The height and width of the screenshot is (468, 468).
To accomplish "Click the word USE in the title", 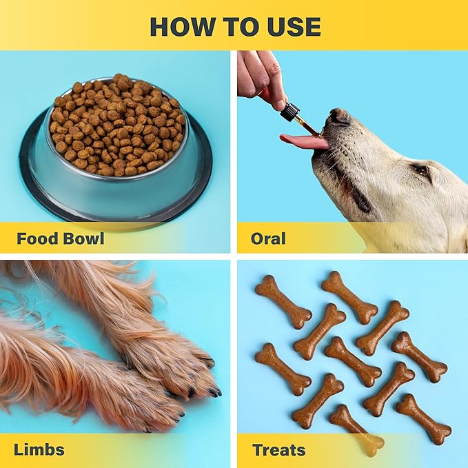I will [x=292, y=26].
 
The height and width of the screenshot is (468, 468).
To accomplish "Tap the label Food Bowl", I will [x=61, y=239].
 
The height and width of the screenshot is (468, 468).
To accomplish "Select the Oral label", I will [x=268, y=239].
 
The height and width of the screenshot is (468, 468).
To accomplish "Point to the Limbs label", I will [x=40, y=450].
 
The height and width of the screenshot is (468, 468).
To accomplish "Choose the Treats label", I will [x=278, y=450].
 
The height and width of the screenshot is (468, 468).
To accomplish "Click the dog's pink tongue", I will [x=303, y=141].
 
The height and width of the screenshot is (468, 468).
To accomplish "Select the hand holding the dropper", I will [x=261, y=76].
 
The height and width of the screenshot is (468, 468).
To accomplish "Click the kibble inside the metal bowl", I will [x=117, y=124].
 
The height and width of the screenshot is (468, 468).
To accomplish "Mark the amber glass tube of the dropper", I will [x=307, y=126].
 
